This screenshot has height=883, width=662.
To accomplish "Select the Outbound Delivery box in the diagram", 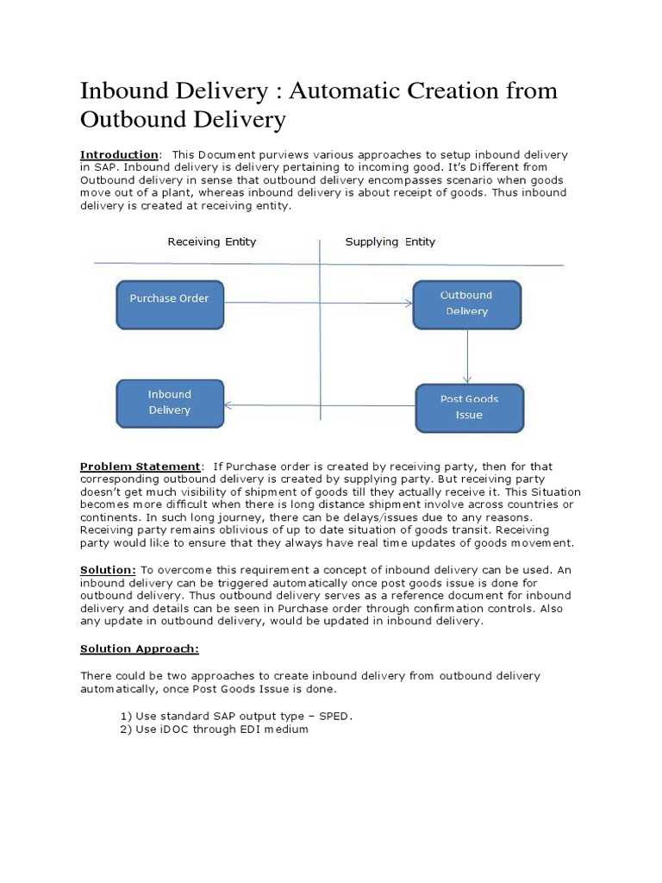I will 466,304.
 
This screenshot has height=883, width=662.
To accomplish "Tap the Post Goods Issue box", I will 469,407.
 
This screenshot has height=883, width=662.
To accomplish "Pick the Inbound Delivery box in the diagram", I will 170,402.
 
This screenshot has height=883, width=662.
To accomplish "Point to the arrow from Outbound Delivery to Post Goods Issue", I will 467,356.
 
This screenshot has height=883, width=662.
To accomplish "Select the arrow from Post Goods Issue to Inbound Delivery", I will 319,404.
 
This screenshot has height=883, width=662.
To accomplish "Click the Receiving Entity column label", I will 211,241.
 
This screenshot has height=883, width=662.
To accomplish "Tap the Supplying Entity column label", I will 390,241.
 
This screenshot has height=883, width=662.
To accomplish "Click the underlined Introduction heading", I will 119,154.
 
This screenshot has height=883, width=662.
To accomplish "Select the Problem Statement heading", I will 140,467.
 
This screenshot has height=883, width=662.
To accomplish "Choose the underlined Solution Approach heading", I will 139,648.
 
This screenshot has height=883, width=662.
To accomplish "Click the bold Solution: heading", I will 108,570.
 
